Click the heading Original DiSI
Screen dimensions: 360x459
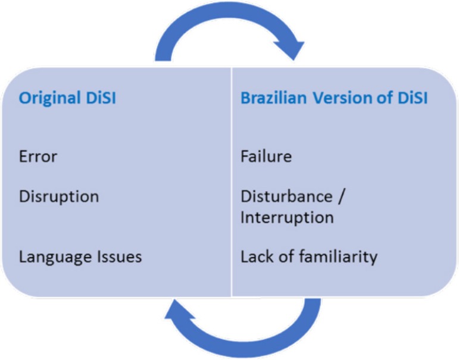[x=67, y=98]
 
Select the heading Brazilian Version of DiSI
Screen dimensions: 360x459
[x=334, y=98]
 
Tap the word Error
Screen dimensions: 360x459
[x=38, y=156]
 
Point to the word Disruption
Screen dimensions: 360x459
[x=59, y=196]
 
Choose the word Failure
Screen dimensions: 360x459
[x=266, y=156]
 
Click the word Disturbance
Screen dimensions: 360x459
[x=286, y=196]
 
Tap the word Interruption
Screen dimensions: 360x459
[x=287, y=217]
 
